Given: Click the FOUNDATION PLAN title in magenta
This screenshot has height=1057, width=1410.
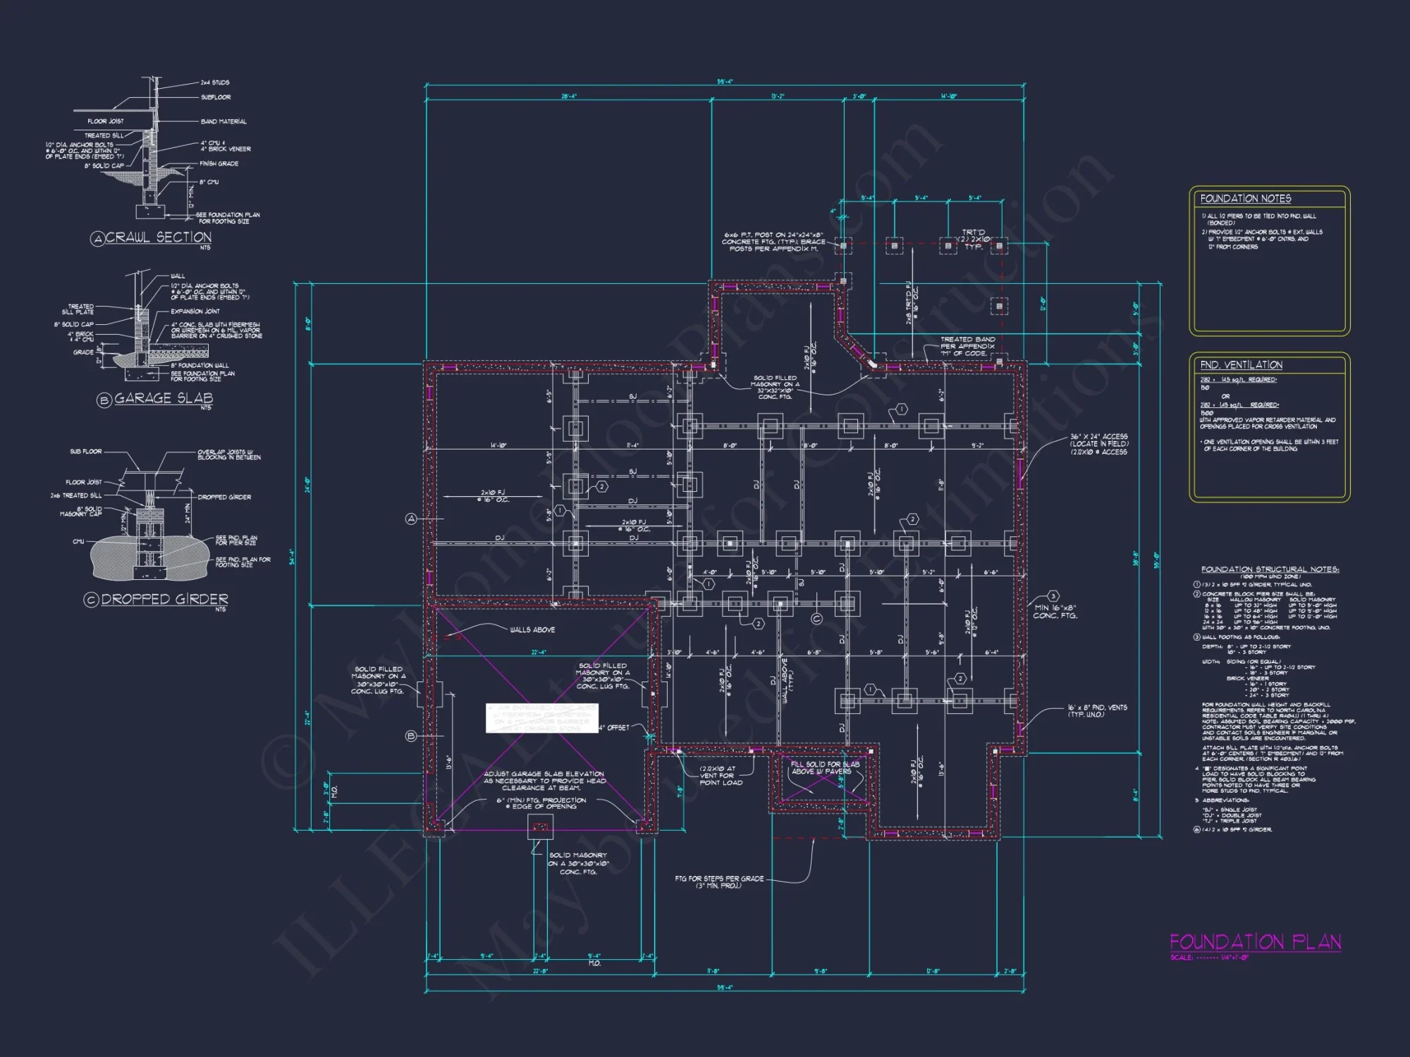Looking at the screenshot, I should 1255,942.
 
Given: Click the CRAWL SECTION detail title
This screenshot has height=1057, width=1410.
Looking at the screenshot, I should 158,237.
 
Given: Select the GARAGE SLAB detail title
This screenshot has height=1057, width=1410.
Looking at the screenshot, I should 163,398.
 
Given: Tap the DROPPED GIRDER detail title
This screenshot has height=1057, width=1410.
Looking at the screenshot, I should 164,599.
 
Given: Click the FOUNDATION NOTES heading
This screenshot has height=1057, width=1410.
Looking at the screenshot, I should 1246,199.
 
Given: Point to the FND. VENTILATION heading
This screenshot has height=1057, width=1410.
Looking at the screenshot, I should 1242,365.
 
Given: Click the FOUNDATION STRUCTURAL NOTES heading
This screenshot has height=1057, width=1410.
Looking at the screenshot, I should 1270,569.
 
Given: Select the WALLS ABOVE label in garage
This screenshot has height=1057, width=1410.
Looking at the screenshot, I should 532,630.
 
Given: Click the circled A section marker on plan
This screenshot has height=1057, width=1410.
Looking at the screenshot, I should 412,519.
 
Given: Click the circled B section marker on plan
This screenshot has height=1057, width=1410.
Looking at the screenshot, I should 412,736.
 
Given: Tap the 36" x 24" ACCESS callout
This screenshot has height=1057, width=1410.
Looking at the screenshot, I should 1098,444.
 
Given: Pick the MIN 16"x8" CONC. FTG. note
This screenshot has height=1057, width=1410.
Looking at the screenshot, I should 1055,612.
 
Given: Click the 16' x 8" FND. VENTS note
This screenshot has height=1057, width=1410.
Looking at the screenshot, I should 1097,710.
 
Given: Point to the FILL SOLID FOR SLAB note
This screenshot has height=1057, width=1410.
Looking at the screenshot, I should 824,767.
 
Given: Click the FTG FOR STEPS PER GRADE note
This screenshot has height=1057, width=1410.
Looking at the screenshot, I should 719,882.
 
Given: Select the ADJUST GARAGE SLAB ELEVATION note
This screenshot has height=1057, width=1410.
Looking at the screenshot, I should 544,781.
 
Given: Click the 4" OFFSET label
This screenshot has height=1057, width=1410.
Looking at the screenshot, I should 615,727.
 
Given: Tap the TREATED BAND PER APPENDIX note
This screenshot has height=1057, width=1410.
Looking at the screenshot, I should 967,346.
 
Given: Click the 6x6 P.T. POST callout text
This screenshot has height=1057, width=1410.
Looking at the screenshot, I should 773,242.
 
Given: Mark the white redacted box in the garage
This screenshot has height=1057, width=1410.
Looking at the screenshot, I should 541,718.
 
